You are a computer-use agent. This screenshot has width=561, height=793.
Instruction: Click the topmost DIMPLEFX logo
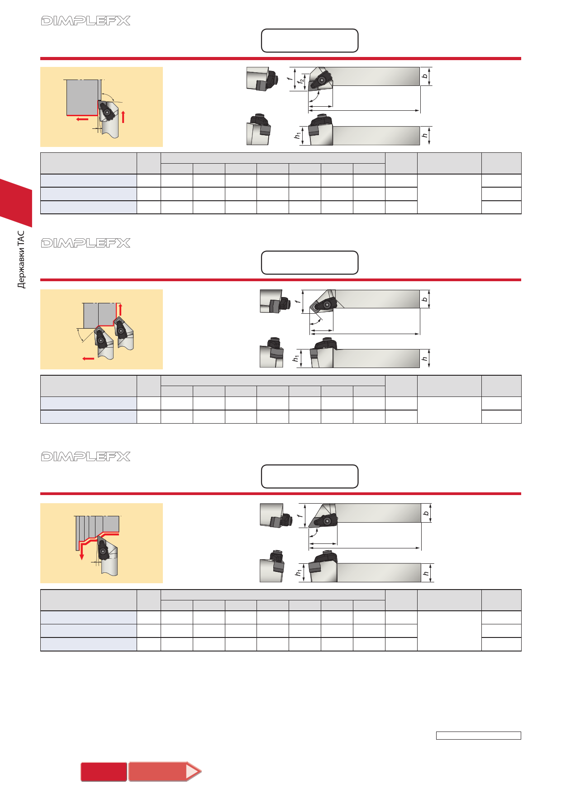86,21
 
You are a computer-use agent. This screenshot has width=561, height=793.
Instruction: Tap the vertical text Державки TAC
21,260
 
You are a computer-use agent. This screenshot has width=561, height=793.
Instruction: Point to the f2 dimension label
301,83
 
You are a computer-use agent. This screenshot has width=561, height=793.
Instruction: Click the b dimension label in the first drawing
424,76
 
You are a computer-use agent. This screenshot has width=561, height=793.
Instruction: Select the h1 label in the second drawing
296,358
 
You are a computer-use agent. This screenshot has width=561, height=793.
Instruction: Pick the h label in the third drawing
426,573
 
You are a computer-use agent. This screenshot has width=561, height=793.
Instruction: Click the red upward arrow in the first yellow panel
123,116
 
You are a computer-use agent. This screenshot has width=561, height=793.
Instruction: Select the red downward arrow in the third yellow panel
82,551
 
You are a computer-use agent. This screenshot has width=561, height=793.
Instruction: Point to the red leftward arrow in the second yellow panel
88,359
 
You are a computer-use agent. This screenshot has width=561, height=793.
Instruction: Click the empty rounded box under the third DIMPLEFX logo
310,477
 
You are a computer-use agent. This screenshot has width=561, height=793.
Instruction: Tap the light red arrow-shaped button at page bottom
165,771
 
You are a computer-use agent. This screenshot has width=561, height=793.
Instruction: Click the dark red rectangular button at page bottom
104,772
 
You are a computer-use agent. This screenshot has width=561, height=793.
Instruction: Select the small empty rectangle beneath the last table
479,736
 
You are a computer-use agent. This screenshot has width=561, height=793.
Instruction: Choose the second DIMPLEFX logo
86,243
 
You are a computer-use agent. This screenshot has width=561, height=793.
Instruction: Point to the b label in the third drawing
426,513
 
